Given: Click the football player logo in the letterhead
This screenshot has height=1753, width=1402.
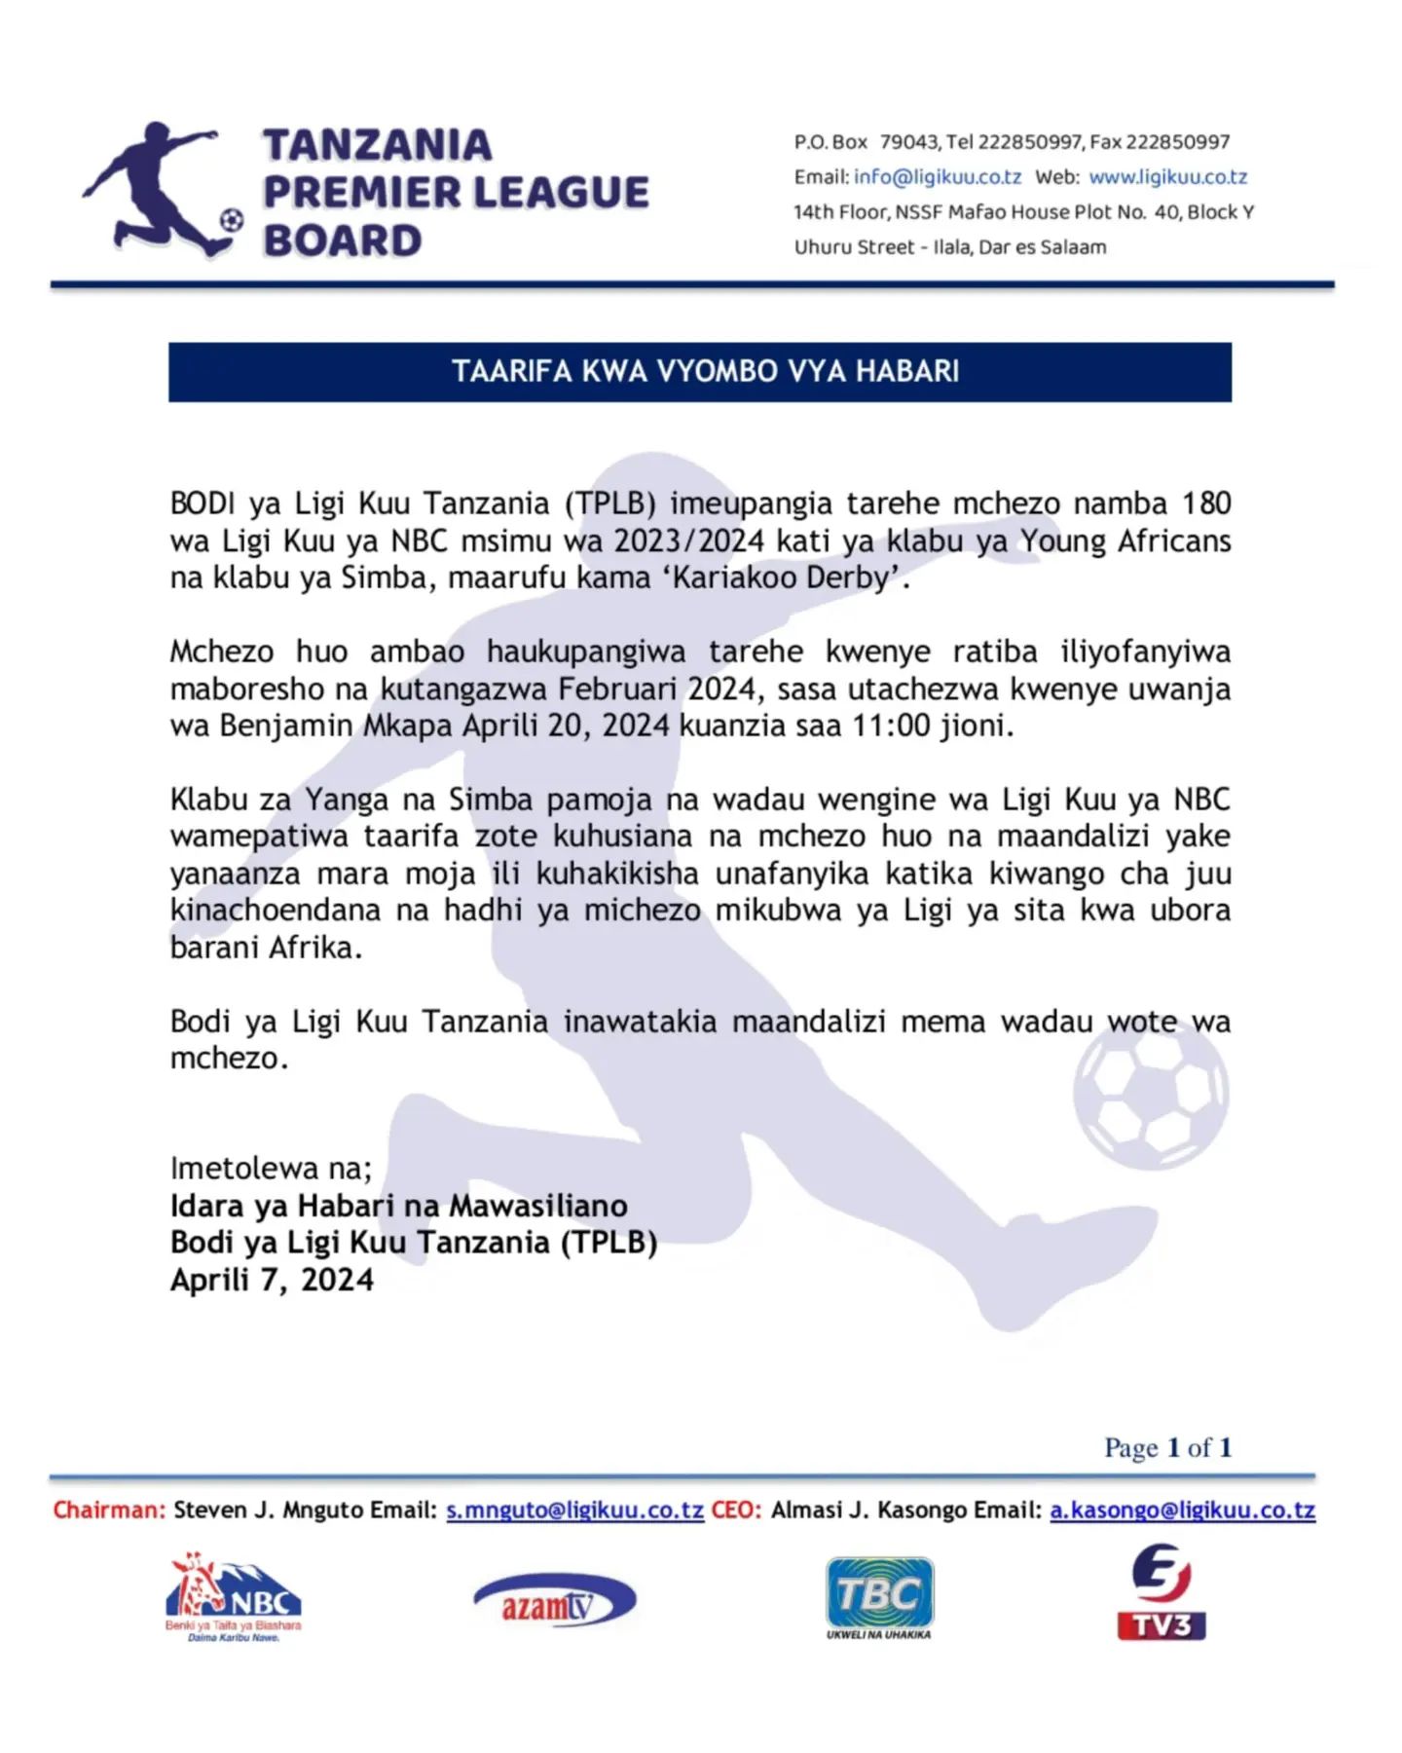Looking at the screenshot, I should [x=162, y=190].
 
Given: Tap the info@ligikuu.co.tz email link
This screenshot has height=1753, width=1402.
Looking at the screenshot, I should [x=938, y=177].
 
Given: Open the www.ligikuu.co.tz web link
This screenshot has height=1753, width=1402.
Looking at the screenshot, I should [x=1167, y=177].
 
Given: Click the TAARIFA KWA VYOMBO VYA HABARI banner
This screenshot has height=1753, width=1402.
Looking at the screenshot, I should [x=700, y=371].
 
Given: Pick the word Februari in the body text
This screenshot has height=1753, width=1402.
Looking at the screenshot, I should [x=619, y=689].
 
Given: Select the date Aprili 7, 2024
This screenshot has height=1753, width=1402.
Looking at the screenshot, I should [x=272, y=1280].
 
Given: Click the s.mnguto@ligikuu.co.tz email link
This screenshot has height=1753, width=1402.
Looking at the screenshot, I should [x=574, y=1511].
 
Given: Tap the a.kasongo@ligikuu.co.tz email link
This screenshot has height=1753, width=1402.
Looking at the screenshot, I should [x=1182, y=1511].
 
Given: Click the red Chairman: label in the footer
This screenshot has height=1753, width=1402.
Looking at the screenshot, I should [x=109, y=1511].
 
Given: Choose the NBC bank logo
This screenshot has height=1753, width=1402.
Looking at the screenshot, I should [x=234, y=1598].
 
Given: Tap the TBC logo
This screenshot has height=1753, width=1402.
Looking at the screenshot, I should [x=879, y=1598].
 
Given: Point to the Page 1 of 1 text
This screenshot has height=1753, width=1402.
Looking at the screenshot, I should [x=1167, y=1448].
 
